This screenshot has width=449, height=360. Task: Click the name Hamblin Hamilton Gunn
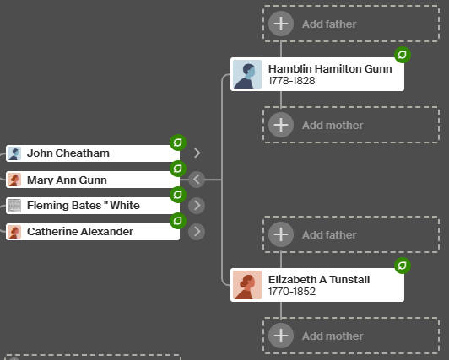coord(330,69)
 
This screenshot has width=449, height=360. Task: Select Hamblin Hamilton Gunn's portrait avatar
coord(247,74)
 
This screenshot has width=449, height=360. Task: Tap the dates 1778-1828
coord(291,81)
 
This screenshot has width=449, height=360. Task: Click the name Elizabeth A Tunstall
coord(319,280)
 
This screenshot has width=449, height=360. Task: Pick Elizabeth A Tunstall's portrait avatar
coord(247,285)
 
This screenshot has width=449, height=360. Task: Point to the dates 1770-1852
coord(292,292)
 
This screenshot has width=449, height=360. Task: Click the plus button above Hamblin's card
coord(281,24)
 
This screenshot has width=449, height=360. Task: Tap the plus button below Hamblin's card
coord(281,125)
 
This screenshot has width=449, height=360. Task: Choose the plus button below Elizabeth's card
coord(281,336)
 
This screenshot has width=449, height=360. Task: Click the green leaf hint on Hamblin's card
coord(403,55)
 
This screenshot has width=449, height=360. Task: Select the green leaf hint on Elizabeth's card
coord(403,266)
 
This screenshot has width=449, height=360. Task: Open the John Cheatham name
coord(68,153)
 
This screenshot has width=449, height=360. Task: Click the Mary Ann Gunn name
coord(67,180)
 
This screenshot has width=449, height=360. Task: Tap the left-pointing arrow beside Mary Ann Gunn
coord(197,180)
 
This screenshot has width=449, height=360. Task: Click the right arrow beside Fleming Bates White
coord(197,206)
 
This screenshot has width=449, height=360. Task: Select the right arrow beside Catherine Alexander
coord(197,231)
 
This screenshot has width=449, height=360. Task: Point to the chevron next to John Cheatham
coord(197,153)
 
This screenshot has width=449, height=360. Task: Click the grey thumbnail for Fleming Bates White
coord(14,206)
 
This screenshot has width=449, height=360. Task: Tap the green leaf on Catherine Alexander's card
coord(178,221)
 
